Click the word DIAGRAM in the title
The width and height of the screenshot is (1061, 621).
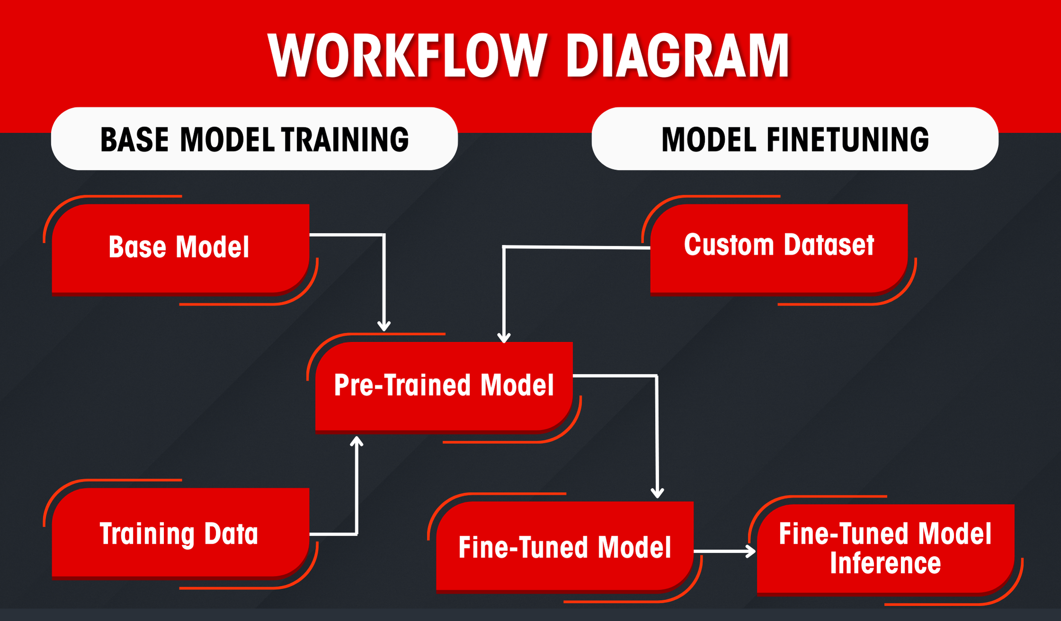[x=678, y=55]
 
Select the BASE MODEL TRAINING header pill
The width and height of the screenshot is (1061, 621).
[x=254, y=139]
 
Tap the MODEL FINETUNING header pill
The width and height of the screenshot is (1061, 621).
[x=795, y=139]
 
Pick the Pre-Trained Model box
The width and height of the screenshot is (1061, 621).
[x=444, y=386]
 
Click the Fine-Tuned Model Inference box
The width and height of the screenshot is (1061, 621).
[x=885, y=549]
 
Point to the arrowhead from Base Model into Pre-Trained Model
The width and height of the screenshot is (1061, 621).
[x=384, y=326]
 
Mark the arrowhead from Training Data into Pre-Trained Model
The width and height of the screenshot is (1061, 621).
[x=356, y=441]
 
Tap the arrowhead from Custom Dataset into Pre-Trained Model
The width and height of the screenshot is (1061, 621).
[x=504, y=337]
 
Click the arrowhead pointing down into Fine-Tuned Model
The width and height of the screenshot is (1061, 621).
[x=657, y=493]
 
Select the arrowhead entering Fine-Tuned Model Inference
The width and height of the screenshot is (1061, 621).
[x=750, y=551]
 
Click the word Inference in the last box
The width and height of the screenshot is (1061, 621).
[x=885, y=563]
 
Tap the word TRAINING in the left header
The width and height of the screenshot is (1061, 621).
[x=345, y=140]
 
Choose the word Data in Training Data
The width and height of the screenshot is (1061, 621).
[x=231, y=533]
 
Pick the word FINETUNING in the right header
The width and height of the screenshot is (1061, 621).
[x=847, y=140]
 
